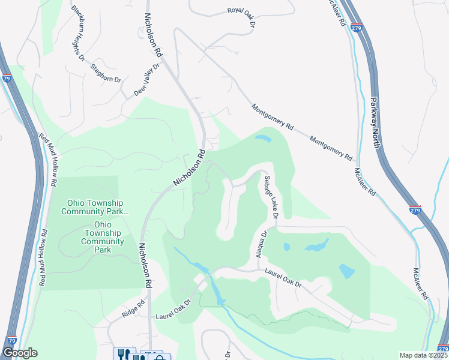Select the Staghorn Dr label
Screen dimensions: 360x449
click(x=106, y=74)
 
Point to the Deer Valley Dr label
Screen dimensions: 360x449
click(x=148, y=80)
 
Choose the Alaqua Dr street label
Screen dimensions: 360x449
click(x=262, y=245)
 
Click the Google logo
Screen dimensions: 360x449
click(x=20, y=353)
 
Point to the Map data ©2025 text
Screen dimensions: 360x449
click(x=423, y=355)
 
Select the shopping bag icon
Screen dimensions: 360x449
click(x=160, y=356)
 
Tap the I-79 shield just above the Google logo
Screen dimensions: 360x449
click(x=9, y=340)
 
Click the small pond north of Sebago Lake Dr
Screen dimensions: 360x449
click(x=263, y=139)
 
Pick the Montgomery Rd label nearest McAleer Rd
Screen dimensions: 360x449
click(x=331, y=148)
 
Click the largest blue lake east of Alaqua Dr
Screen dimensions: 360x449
click(x=317, y=245)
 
